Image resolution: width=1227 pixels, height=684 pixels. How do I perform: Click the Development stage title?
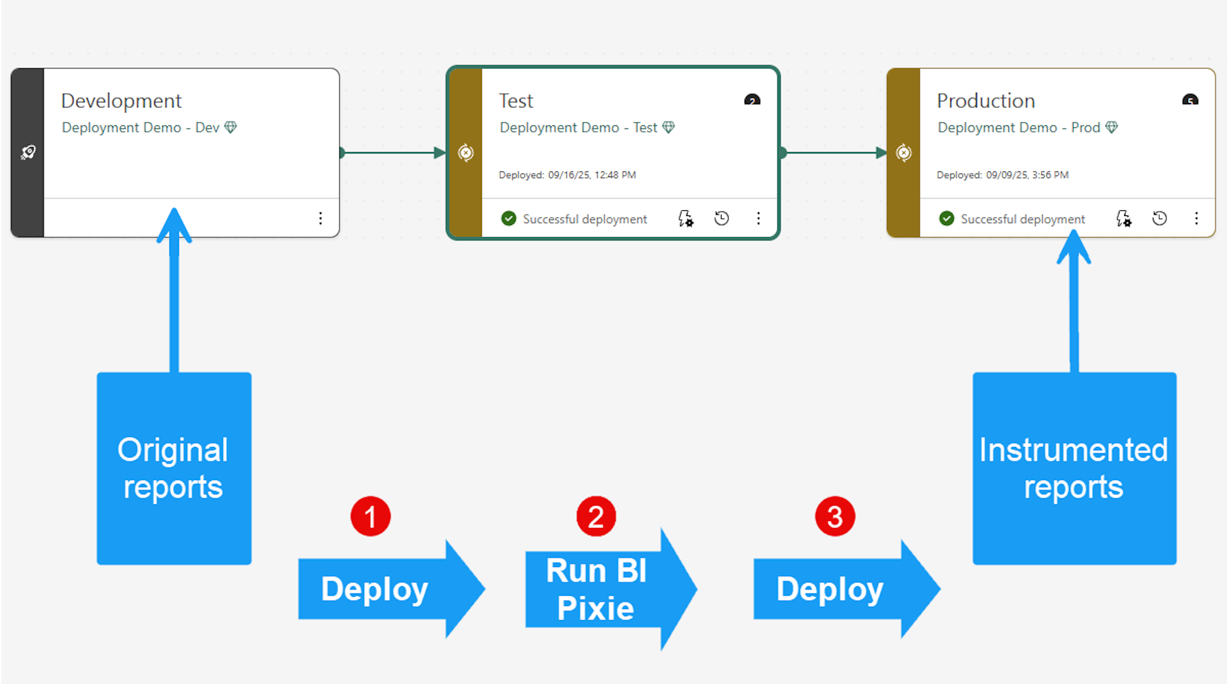pos(121,101)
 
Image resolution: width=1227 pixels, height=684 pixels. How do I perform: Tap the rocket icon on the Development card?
pos(27,152)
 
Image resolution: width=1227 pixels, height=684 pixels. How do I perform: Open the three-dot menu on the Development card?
pos(320,219)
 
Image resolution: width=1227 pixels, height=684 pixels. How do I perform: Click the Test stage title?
pos(516,101)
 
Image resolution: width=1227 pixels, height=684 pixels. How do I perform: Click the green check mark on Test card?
pos(509,219)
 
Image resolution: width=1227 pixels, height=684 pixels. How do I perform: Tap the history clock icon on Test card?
pos(722,219)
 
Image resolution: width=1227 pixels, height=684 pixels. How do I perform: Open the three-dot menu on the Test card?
pos(758,219)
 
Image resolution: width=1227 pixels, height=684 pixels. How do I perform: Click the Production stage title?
pos(985,101)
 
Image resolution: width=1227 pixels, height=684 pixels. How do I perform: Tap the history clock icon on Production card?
pos(1159,219)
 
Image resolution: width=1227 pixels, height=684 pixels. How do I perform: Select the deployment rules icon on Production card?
pos(1123,219)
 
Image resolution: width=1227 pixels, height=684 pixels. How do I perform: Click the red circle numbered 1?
pos(370,516)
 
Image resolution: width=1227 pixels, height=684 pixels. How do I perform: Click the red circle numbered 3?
pos(835,516)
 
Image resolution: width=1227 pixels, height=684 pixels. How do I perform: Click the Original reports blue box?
pos(174,468)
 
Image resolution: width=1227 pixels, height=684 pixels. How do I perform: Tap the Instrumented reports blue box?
pos(1074,468)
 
